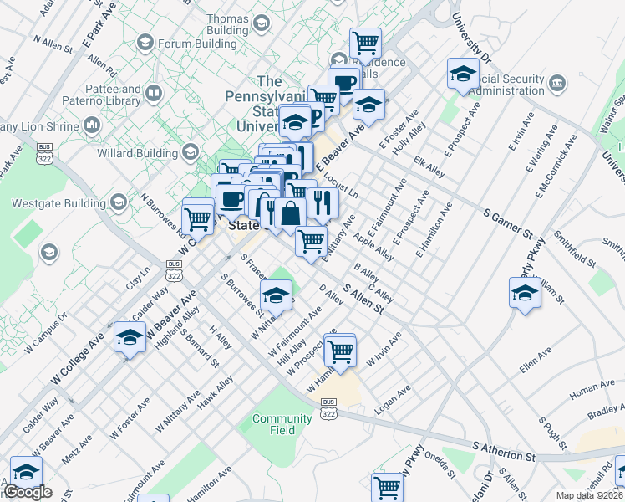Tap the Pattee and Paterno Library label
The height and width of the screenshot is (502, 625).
tap(108, 95)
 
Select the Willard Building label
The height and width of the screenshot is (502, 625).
tap(138, 153)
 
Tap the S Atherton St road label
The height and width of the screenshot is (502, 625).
tap(503, 453)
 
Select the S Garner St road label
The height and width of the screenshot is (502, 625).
tap(507, 219)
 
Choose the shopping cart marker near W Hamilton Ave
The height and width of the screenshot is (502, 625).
tap(340, 351)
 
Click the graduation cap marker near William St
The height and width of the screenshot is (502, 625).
tap(525, 293)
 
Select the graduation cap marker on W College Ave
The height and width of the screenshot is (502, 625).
tap(130, 338)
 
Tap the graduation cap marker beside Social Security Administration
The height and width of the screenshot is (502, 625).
tap(462, 75)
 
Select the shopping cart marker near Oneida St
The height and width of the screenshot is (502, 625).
tap(388, 486)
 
